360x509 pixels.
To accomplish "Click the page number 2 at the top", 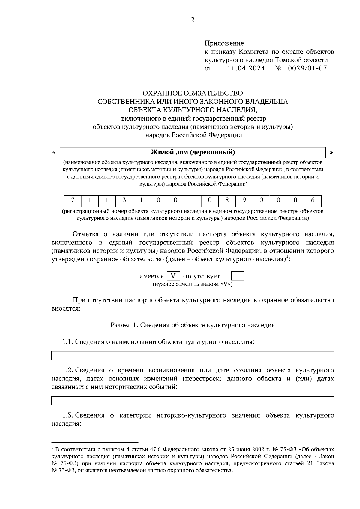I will click(193, 20).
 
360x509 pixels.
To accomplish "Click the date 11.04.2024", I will click(246, 68).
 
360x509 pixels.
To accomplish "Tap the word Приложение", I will click(224, 43).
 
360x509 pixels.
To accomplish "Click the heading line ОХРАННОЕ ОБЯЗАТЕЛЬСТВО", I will click(193, 93).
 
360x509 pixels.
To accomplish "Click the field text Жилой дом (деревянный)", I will click(193, 152).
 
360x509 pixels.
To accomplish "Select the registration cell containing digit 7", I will click(72, 201).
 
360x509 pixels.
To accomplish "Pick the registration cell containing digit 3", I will click(124, 201).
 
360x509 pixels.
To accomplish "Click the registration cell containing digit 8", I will click(227, 201).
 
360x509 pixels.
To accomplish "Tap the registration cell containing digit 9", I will click(244, 201).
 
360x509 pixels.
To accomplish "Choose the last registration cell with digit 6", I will click(313, 201).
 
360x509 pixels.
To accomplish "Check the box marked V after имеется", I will click(173, 276).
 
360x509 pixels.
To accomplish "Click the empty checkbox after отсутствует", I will click(238, 276).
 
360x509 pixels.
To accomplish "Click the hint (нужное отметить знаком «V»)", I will click(193, 284).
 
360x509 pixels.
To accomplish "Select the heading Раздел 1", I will click(124, 325).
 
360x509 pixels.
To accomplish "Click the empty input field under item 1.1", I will click(193, 356).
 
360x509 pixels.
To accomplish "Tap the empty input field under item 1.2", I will click(193, 400).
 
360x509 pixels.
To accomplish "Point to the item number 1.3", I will click(67, 415).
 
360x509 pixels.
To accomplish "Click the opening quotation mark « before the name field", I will click(54, 152).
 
